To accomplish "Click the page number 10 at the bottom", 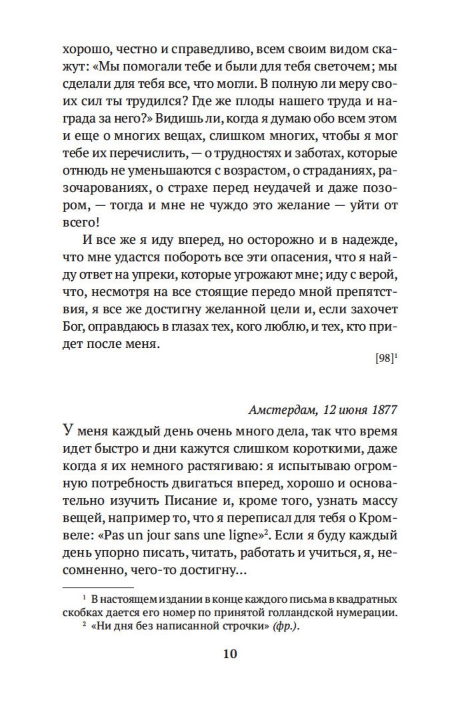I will pos(230,653).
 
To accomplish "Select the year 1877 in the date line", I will pos(384,410).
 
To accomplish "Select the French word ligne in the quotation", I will pos(242,536).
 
